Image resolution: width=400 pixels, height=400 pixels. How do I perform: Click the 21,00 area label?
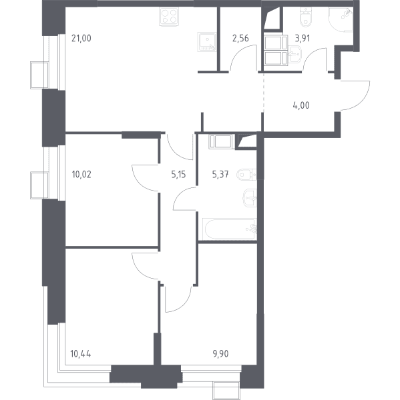coord(81,38)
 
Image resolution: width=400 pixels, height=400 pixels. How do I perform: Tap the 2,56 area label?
coord(240,38)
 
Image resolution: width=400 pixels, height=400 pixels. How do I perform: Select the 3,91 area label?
coord(303,38)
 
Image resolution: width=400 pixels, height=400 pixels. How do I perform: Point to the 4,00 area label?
coord(301,105)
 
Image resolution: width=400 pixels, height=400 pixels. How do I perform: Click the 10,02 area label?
coord(81,175)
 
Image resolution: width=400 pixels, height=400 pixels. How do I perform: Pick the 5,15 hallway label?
coord(178,175)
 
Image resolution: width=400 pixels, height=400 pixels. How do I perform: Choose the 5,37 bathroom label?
coord(220,175)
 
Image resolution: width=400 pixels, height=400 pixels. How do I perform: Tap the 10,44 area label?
coord(81,354)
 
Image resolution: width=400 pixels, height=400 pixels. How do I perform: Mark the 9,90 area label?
coord(220,354)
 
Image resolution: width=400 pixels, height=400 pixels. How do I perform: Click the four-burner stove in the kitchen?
coord(169,16)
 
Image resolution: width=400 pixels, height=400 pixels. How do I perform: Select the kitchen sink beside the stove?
coord(207,42)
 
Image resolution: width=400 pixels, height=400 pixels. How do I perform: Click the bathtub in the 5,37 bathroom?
coord(230,229)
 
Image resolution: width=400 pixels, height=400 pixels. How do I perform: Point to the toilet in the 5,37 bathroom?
coord(246,175)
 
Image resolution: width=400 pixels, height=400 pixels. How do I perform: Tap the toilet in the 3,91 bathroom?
coord(305,17)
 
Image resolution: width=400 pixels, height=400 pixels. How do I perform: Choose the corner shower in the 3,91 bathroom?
coord(341,19)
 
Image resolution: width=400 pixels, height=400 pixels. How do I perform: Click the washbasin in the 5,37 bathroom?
coord(250,198)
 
